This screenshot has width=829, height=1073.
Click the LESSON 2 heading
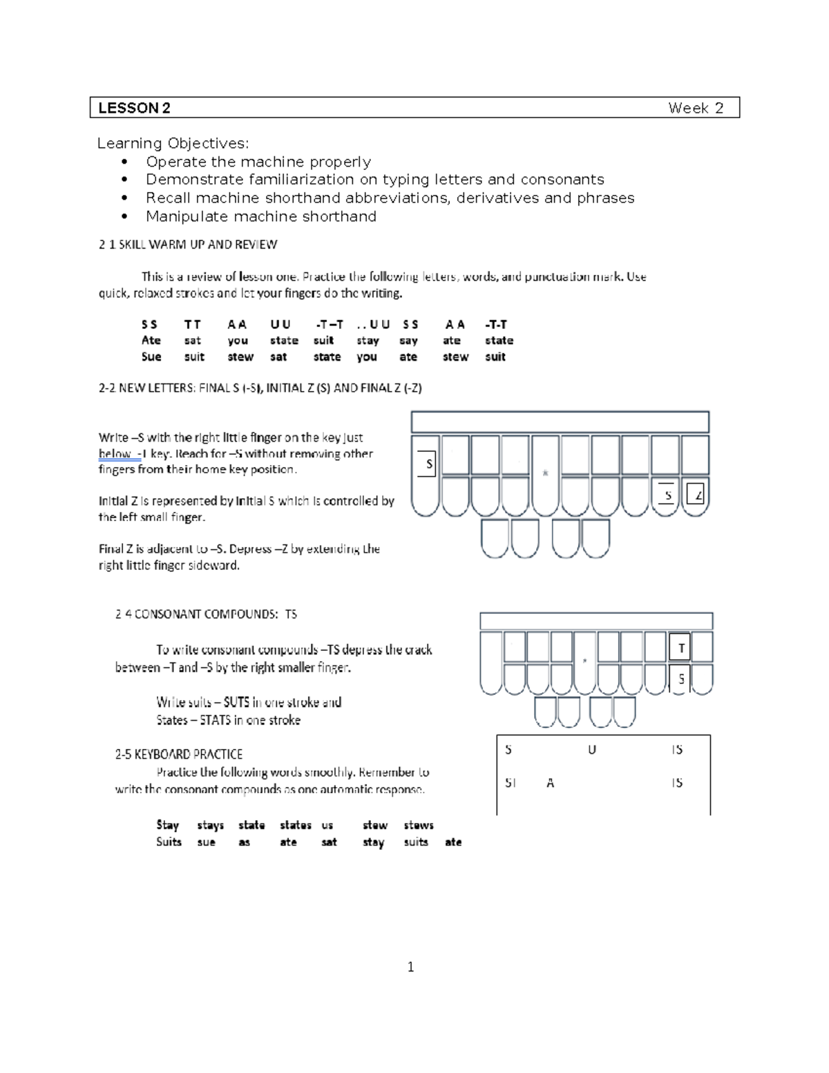[134, 108]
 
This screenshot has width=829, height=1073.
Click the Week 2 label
[695, 108]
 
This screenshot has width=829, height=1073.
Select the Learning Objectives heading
[173, 143]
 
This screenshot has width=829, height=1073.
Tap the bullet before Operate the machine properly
[124, 162]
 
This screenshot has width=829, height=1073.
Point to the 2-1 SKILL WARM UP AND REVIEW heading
[188, 245]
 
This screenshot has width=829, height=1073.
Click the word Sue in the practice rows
[151, 357]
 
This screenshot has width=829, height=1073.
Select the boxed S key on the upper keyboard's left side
[428, 464]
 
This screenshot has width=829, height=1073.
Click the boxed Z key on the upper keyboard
[696, 494]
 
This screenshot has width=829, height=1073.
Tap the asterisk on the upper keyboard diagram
[545, 473]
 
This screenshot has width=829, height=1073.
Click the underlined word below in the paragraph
[115, 454]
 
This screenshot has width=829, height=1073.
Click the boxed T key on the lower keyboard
[680, 648]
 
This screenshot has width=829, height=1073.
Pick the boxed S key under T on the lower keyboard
[680, 678]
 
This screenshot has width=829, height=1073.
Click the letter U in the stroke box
[591, 750]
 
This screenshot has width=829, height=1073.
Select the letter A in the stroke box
[550, 783]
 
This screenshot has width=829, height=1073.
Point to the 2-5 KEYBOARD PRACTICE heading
[178, 754]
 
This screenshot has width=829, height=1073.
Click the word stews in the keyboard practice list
[418, 825]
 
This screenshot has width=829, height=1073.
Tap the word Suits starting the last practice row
[169, 842]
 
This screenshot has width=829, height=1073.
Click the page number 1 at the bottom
[411, 967]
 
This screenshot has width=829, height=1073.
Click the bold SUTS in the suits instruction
[236, 702]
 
